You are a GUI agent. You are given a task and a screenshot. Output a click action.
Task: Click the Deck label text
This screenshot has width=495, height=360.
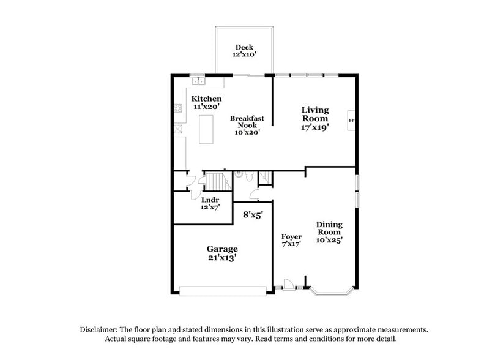pos(244,47)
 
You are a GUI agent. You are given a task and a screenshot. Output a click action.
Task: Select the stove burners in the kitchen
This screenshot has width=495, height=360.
pos(178,109)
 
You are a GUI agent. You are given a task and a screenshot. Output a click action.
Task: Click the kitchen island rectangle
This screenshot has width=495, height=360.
pos(206,129)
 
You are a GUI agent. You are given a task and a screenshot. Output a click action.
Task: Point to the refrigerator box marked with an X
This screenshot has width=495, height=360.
pos(178,129)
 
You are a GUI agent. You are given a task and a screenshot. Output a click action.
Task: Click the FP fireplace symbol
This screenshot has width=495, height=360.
pos(352,120)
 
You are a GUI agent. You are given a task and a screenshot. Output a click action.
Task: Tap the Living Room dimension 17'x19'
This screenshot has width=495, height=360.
pos(315,128)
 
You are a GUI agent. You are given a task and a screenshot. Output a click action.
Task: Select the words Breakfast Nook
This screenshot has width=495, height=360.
pos(247,122)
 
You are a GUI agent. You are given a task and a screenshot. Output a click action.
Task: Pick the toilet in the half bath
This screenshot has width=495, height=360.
pos(244,176)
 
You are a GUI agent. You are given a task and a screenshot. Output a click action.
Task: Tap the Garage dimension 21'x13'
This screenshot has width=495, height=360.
pos(221,258)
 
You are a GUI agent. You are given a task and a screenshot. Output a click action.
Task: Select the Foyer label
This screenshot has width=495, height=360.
pos(291,236)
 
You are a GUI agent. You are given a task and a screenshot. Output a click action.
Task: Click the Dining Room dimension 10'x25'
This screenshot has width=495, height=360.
pos(329,240)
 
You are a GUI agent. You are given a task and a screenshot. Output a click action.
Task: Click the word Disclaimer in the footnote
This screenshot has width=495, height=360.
pos(100,329)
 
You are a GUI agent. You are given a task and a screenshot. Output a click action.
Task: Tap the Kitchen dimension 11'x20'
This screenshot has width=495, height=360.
pos(206,107)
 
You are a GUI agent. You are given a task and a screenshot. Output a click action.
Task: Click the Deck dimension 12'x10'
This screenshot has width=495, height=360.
pos(244,55)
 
